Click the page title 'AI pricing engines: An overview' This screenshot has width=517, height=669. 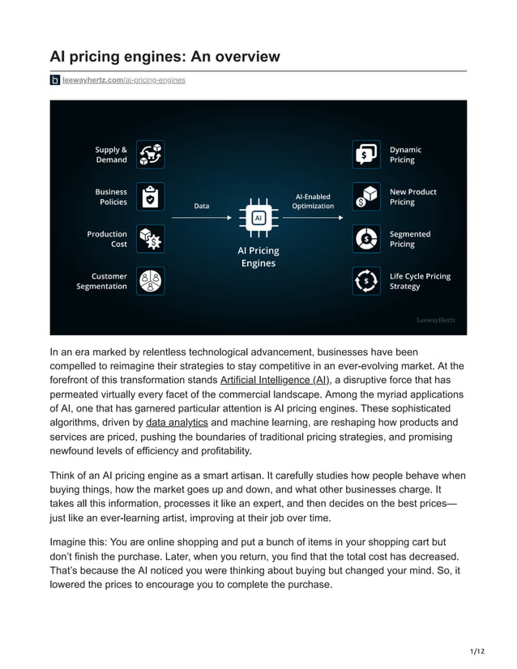click(x=165, y=56)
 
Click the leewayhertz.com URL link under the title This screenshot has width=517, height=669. click(x=123, y=80)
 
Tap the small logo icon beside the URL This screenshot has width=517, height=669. click(x=54, y=80)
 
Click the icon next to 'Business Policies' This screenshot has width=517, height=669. click(x=150, y=197)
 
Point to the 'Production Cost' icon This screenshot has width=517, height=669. click(x=150, y=239)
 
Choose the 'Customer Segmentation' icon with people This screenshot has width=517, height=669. click(x=150, y=281)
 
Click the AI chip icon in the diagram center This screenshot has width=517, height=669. click(x=258, y=218)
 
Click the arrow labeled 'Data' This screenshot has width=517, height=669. click(x=202, y=218)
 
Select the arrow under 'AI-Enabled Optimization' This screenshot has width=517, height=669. click(x=313, y=218)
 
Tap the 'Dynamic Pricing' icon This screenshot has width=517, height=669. click(x=366, y=155)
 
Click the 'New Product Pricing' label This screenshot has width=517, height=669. click(x=412, y=197)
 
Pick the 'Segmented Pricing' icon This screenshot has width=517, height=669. click(x=366, y=239)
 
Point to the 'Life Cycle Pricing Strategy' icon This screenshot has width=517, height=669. click(x=366, y=281)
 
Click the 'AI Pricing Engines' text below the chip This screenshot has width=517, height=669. click(x=258, y=257)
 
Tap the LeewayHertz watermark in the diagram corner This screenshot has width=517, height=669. click(x=435, y=321)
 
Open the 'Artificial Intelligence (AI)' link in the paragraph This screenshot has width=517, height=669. click(x=275, y=380)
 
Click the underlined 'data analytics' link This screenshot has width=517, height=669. click(x=177, y=423)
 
